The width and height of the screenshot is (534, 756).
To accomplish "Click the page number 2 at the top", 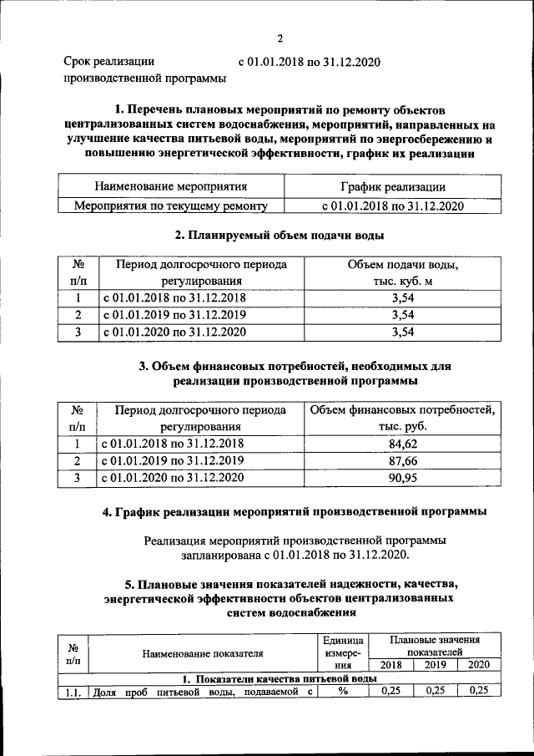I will click(x=280, y=38).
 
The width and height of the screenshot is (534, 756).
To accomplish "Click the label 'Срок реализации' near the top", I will click(x=109, y=61).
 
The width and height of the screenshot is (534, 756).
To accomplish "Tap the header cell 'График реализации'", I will click(x=392, y=187).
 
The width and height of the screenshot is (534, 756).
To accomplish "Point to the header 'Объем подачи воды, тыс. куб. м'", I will click(x=403, y=273).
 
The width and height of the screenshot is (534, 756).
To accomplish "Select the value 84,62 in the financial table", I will click(x=403, y=444).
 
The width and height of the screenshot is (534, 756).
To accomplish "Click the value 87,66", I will click(x=403, y=460).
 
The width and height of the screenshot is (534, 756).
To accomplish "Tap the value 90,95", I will click(x=403, y=478).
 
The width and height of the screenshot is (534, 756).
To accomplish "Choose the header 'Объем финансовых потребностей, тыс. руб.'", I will click(x=403, y=418).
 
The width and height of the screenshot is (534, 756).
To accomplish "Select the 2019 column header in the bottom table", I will click(x=435, y=665).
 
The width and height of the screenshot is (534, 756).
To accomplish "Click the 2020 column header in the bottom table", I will click(x=479, y=665).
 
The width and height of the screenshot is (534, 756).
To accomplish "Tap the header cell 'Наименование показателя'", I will click(x=203, y=653).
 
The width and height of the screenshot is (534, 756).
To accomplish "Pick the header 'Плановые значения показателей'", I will click(x=434, y=645).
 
